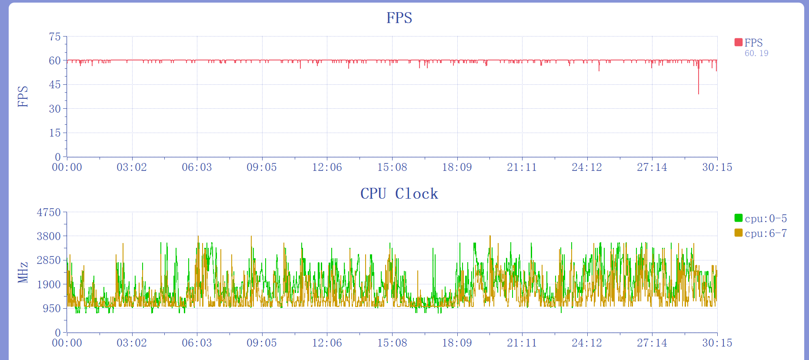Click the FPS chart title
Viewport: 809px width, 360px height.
399,18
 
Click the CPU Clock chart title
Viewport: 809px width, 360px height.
399,193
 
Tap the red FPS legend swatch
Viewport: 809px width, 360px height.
738,42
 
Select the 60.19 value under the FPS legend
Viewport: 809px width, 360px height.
756,53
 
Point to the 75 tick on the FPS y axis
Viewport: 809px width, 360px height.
55,37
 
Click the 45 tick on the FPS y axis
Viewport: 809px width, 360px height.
55,85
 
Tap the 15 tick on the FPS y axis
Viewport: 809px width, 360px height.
55,133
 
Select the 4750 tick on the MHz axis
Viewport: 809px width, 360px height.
49,213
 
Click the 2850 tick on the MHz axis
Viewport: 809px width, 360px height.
49,260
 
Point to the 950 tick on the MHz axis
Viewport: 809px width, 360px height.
52,309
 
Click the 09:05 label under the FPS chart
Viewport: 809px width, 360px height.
262,167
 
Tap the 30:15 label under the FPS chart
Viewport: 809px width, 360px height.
717,167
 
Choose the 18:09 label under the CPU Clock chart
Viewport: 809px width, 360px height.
457,343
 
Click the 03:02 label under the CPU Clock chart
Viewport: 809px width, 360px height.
132,343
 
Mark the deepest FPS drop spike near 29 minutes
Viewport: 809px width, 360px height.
699,92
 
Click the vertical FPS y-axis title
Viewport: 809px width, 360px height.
23,97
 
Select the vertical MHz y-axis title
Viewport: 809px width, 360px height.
23,272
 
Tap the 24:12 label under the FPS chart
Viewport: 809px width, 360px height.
587,167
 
